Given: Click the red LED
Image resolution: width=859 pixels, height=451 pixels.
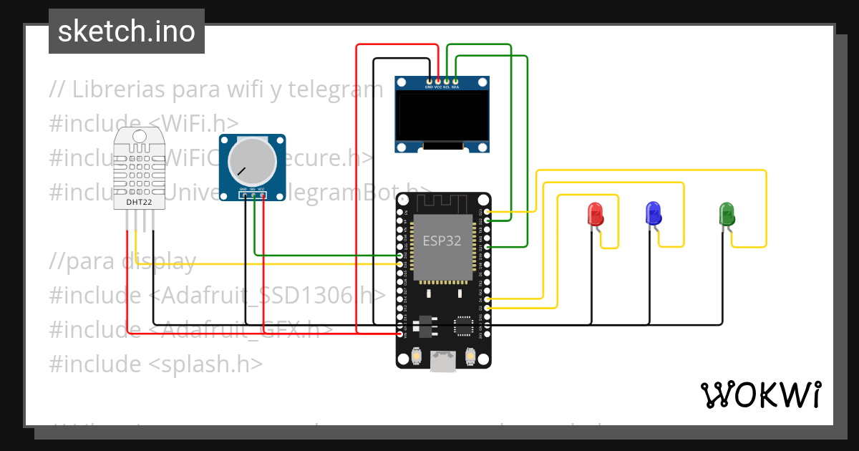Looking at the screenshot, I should coord(595,213).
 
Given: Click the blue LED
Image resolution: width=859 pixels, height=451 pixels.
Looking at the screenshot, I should coord(653,213).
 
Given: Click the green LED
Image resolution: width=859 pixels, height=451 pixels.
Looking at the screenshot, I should coord(727,213).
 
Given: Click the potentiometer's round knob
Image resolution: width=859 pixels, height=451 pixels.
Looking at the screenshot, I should coord(251,160).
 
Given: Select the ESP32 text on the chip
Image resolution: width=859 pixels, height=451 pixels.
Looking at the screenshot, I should coord(442,241).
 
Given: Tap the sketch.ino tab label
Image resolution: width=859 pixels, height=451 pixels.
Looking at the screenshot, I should coord(127,31).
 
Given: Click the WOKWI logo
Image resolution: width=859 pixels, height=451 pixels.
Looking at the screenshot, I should coord(761,394).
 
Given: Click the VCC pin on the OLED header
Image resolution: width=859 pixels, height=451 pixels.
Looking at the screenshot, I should coord(438,82).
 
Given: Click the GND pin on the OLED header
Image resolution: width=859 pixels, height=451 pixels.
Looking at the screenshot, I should coord(429,82).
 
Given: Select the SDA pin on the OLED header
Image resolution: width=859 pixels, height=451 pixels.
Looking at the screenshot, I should coord(455,82).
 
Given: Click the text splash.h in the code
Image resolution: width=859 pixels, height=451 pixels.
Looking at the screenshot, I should coord(205,364).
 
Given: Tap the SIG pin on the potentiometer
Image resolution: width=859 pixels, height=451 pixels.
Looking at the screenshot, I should coord(253,194).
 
